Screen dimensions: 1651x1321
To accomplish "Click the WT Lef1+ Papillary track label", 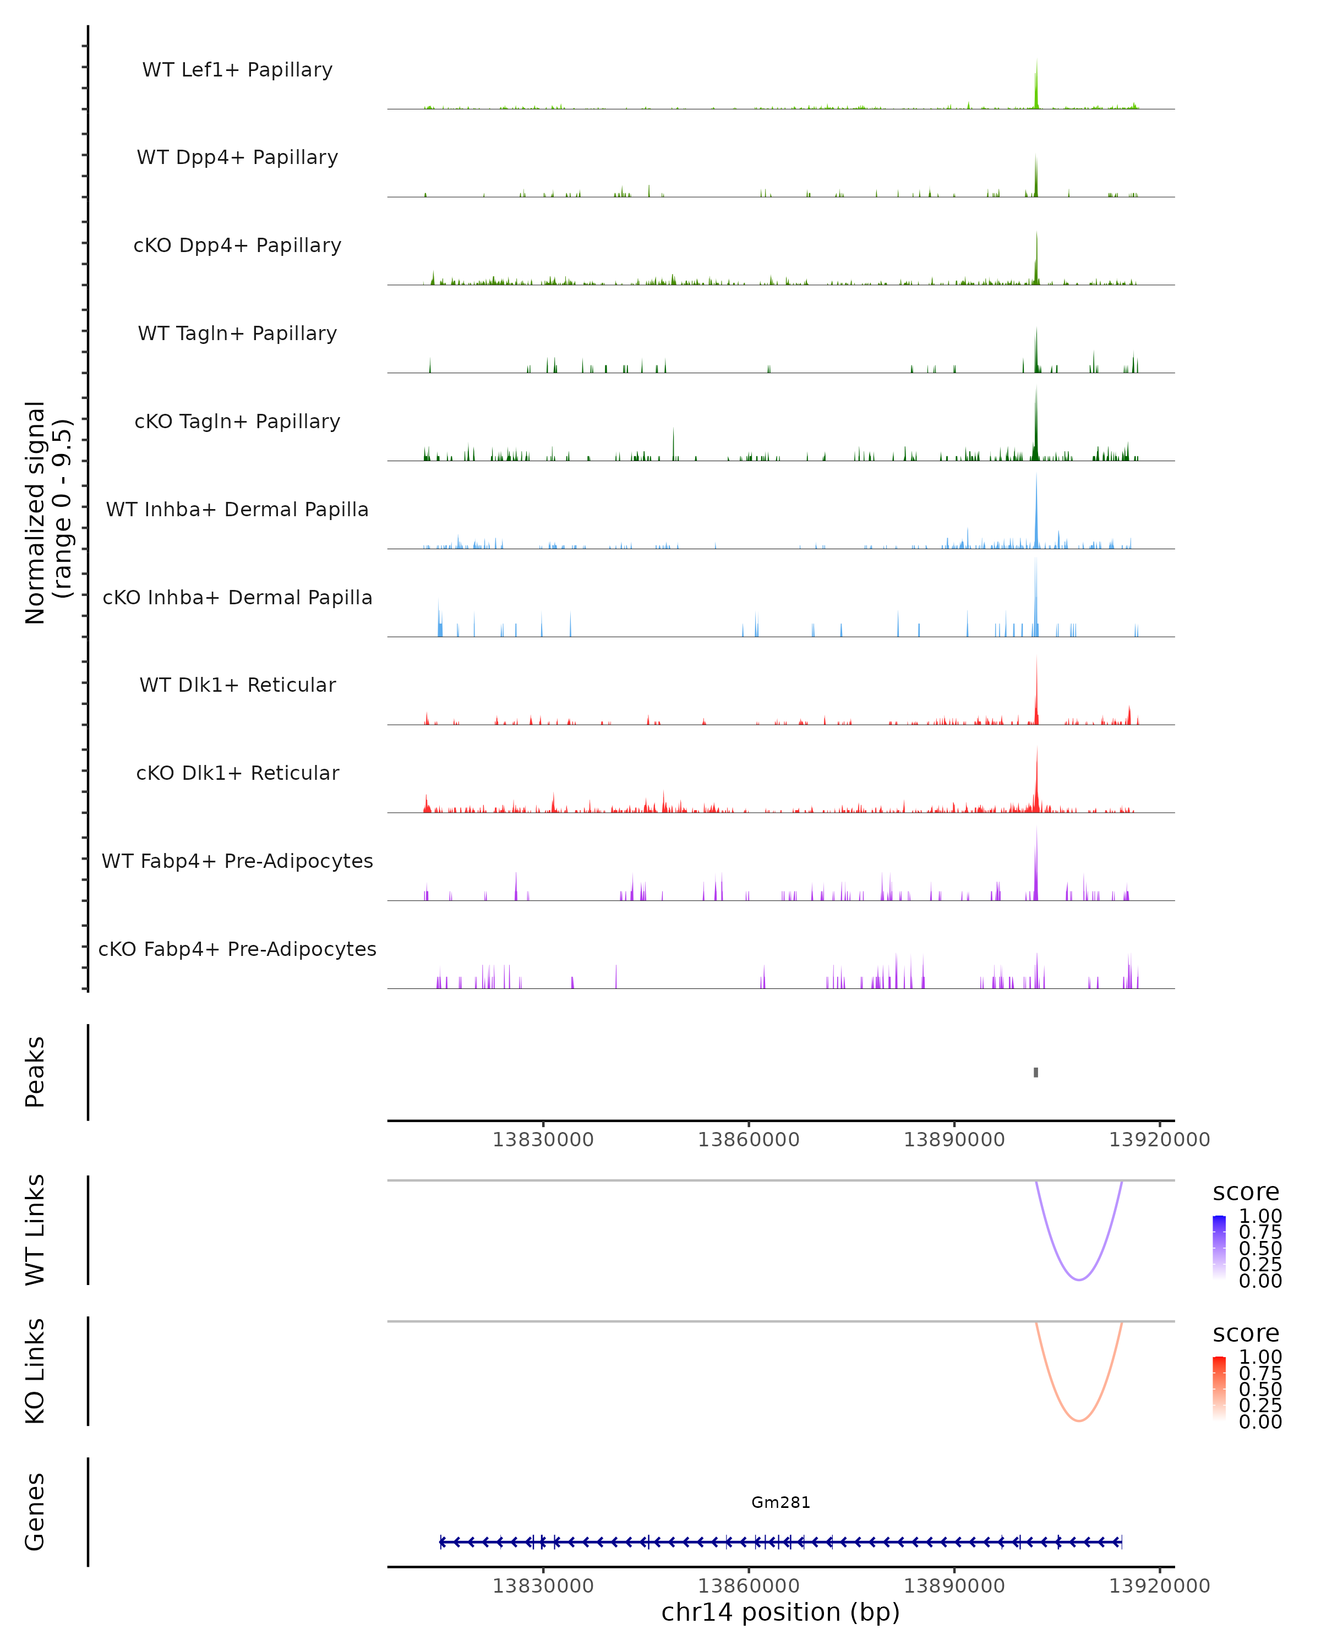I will coord(237,70).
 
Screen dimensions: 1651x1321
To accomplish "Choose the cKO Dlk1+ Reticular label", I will coord(237,773).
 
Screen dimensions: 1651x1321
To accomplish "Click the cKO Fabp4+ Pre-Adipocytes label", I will coord(237,949).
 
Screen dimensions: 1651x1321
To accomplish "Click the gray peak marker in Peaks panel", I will coord(1036,1072).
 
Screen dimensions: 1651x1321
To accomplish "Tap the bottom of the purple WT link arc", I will coord(1078,1280).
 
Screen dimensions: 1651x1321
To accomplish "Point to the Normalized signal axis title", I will coord(47,512).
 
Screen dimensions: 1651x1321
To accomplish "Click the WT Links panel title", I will coord(35,1230).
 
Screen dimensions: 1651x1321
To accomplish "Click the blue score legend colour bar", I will coord(1219,1248).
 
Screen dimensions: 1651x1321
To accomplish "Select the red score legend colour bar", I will coord(1219,1388).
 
